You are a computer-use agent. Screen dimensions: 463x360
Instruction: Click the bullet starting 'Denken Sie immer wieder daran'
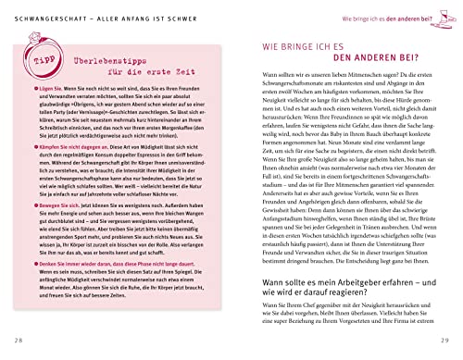130,297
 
